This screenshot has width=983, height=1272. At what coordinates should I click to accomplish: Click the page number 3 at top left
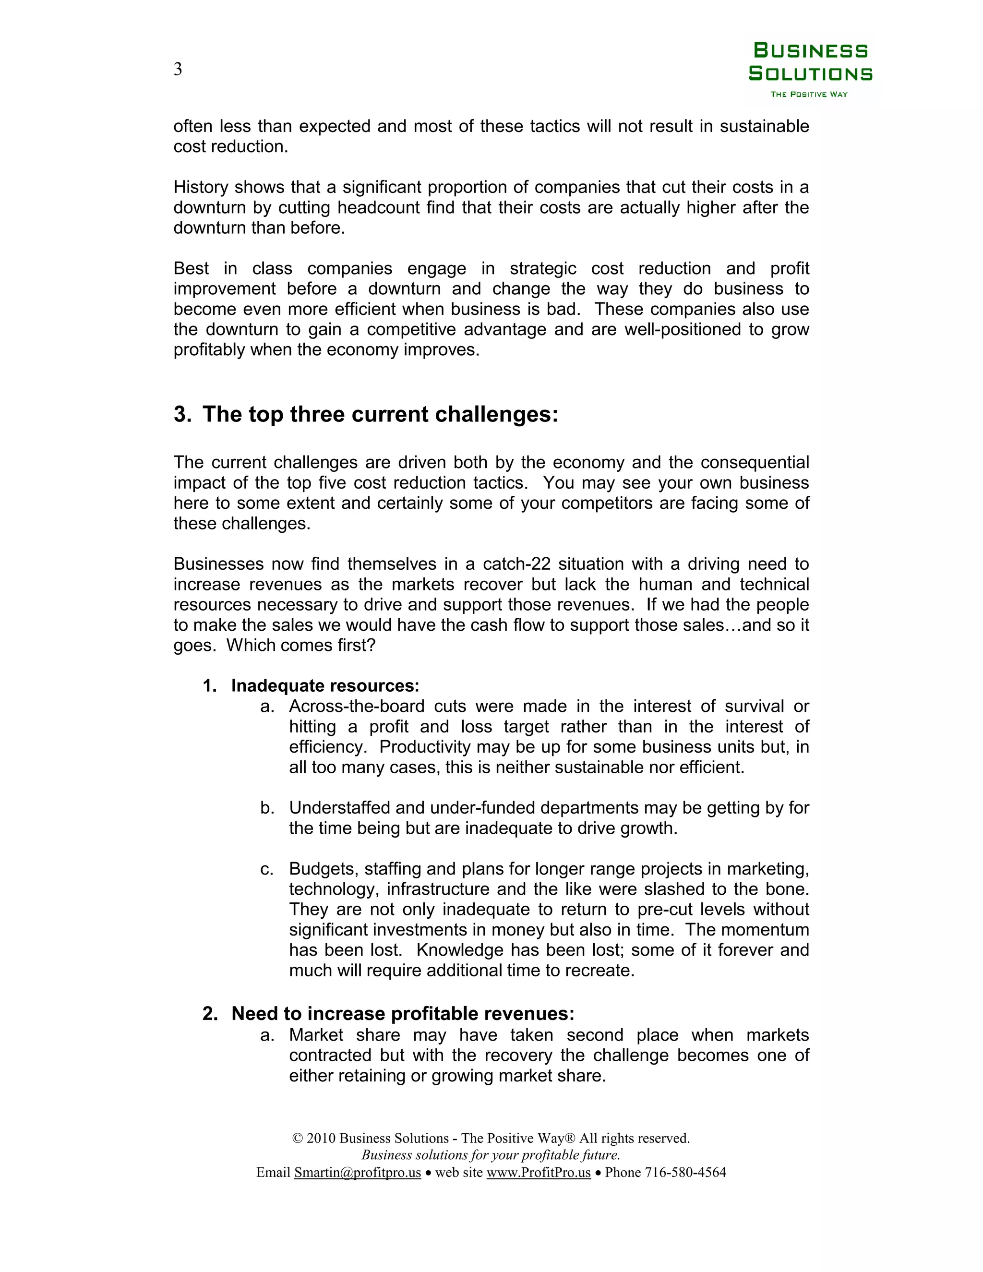tap(178, 69)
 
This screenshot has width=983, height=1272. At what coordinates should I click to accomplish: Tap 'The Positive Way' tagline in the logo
tap(809, 95)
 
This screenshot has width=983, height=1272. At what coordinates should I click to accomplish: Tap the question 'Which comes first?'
tap(300, 645)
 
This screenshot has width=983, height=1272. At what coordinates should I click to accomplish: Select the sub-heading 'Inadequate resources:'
tap(325, 685)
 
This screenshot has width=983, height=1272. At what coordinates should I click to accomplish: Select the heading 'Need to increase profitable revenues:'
tap(402, 1013)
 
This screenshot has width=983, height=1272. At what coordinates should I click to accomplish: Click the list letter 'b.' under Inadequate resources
tap(267, 808)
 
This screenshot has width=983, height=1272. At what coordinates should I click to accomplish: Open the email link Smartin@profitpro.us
tap(357, 1173)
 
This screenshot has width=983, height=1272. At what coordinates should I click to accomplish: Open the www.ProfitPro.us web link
tap(538, 1173)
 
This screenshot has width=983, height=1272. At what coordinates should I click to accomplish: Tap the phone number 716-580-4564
tap(685, 1173)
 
